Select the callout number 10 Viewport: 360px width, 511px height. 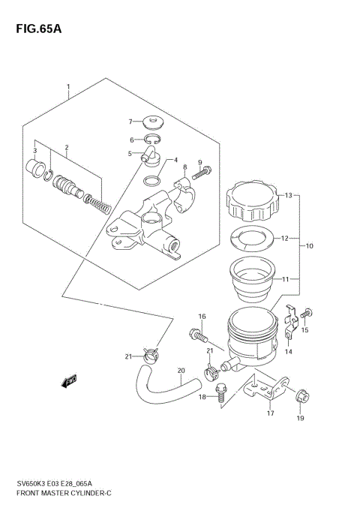click(x=309, y=245)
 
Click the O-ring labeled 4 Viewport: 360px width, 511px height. click(x=152, y=180)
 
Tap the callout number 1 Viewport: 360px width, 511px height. click(x=68, y=86)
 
